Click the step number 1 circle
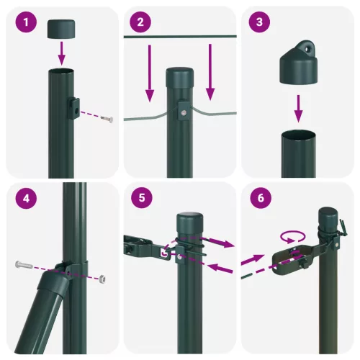point(27,22)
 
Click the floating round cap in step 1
point(62,29)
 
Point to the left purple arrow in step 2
point(150,72)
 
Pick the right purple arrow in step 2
point(210,72)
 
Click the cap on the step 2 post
point(181,77)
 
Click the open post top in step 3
point(298,134)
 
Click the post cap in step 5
point(190,220)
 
